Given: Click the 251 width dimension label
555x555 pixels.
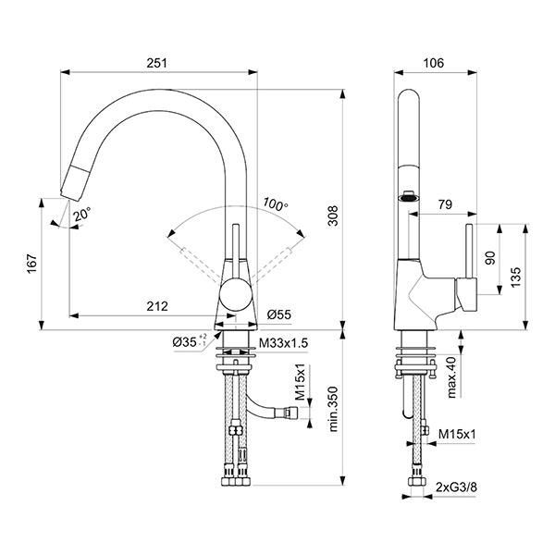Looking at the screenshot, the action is [157, 63].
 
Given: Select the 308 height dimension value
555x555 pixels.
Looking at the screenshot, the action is [333, 216].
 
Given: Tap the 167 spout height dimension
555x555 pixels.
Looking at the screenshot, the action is [32, 264].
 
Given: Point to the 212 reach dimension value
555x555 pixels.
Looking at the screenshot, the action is [157, 306].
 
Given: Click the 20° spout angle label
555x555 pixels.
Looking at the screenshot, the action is [82, 215].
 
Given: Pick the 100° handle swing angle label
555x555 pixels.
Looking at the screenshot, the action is [276, 204].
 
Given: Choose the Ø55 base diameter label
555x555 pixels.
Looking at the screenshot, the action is [279, 314].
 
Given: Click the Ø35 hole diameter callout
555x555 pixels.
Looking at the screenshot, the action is [190, 342].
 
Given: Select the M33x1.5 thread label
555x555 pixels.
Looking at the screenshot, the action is [284, 343].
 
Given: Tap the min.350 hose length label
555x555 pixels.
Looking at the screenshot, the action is [333, 409].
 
